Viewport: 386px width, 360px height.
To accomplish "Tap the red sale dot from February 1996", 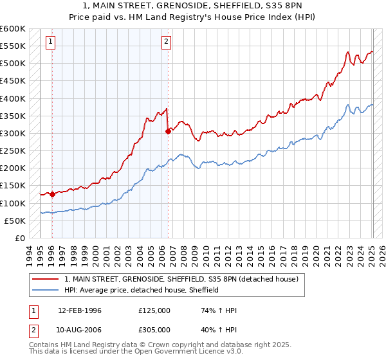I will (52, 194).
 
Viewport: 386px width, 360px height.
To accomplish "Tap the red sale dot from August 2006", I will (168, 131).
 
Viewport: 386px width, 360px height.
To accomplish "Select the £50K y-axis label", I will (14, 221).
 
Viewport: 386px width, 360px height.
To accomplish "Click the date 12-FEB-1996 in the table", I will (79, 310).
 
